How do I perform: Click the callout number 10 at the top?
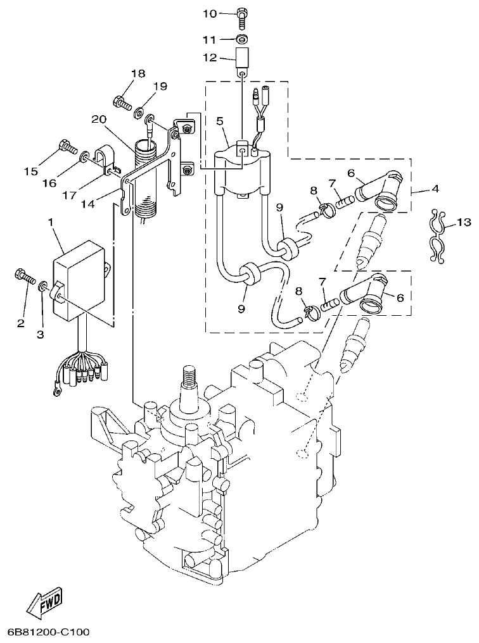[x=210, y=14]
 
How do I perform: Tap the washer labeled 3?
[x=42, y=287]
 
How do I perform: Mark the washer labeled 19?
[x=136, y=112]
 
